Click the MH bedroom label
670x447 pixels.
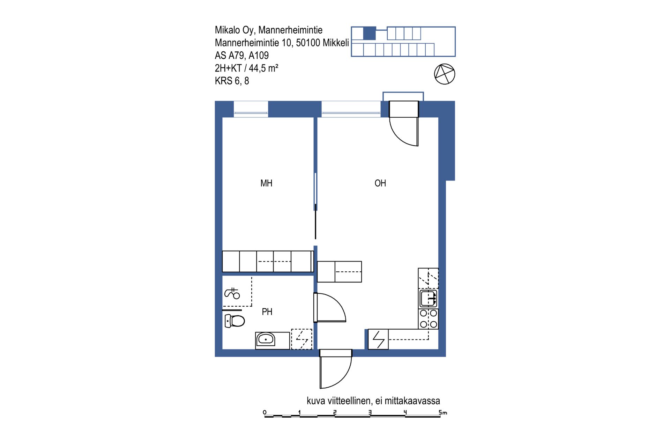(266, 183)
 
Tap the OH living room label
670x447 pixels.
(380, 183)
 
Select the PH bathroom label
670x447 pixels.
(267, 312)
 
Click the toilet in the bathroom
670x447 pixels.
(234, 321)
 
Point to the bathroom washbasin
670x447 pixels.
(266, 340)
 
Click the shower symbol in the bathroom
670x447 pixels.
(232, 293)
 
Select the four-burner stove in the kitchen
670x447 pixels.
(429, 319)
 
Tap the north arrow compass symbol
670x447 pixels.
(445, 74)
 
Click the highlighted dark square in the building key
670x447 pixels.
(370, 33)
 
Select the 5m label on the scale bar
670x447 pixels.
(443, 412)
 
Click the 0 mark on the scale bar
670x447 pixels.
(265, 412)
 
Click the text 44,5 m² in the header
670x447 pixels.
(263, 68)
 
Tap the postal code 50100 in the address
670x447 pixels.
(308, 43)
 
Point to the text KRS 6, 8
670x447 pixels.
(232, 81)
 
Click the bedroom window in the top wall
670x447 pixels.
(251, 109)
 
